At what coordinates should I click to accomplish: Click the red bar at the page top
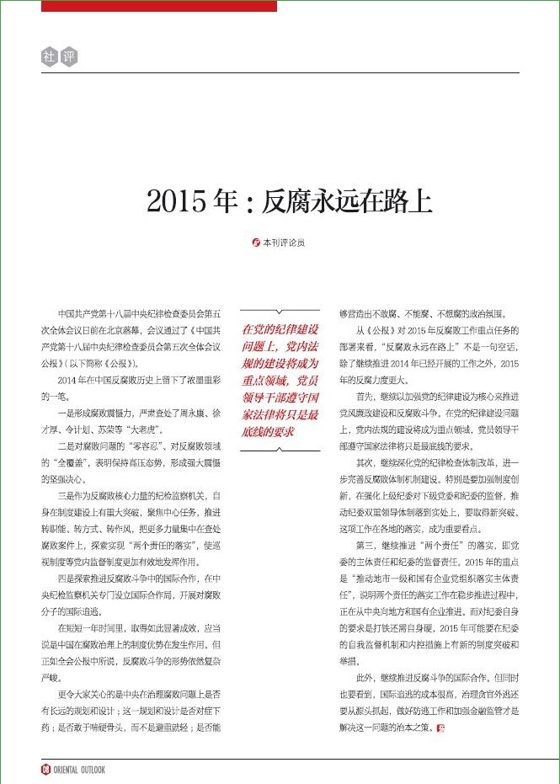[158, 6]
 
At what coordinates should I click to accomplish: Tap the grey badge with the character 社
[48, 57]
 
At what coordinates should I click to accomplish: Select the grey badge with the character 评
[68, 57]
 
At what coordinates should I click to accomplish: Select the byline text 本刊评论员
[284, 243]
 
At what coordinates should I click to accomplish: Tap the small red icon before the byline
[258, 243]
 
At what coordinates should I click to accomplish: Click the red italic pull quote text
[280, 379]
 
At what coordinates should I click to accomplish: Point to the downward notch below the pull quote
[280, 451]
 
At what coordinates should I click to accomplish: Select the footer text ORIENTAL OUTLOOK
[79, 769]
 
